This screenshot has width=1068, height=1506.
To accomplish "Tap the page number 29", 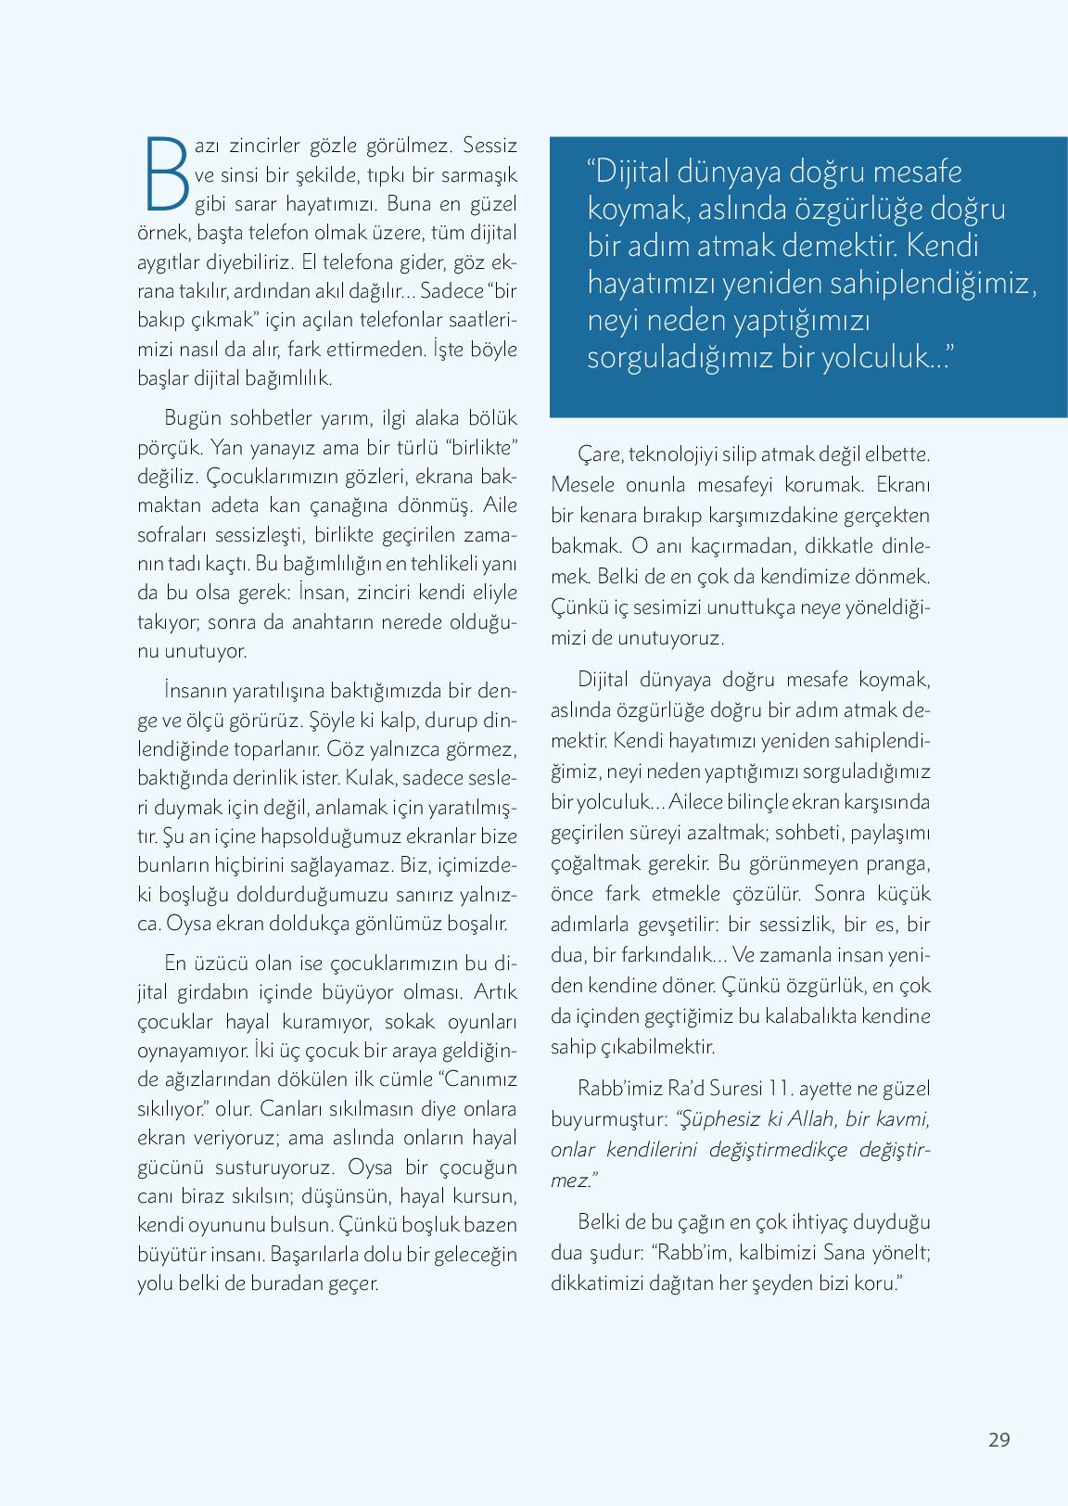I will coord(998,1440).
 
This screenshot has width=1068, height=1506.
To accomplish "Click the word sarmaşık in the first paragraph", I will coord(480,175).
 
